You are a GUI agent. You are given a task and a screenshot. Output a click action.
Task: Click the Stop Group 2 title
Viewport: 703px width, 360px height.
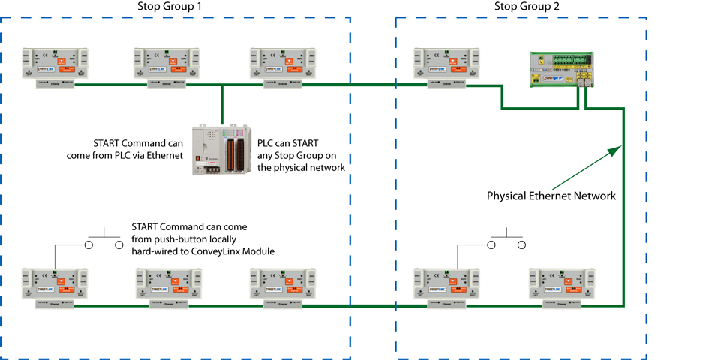pos(526,7)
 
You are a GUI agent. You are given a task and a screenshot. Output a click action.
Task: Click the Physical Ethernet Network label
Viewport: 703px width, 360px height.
pos(551,196)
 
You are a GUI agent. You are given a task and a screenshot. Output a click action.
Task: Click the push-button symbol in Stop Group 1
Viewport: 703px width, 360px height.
pos(104,241)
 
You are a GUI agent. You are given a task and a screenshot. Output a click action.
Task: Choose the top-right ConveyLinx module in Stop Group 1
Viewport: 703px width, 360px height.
pos(282,67)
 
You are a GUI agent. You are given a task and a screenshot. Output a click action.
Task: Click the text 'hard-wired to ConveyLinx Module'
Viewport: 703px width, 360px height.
pos(203,250)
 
